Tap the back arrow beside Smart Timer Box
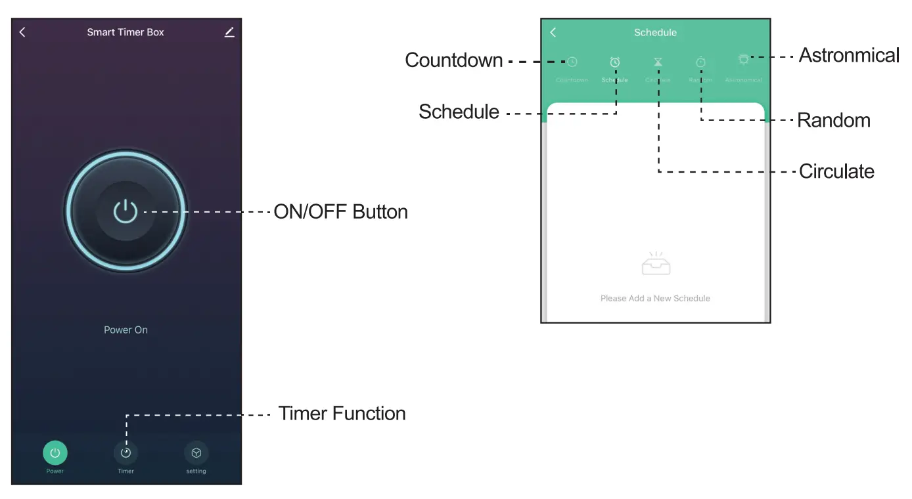coord(22,32)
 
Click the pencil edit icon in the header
coord(229,32)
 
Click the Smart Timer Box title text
coord(125,32)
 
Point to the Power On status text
coord(125,330)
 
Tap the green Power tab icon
coord(55,452)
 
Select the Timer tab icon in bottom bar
coord(125,452)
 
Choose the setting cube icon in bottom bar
coord(196,452)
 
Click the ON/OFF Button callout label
coord(340,212)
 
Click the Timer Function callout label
coord(342,414)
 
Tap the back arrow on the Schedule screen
coord(553,32)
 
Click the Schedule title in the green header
coord(655,32)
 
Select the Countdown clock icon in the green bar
coord(572,62)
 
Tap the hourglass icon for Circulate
coord(658,62)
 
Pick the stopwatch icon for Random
coord(700,62)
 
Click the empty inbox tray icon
coord(656,264)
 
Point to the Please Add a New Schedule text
coord(655,298)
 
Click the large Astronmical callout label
coord(849,56)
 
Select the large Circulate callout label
coord(836,172)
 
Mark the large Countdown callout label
coord(454,60)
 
